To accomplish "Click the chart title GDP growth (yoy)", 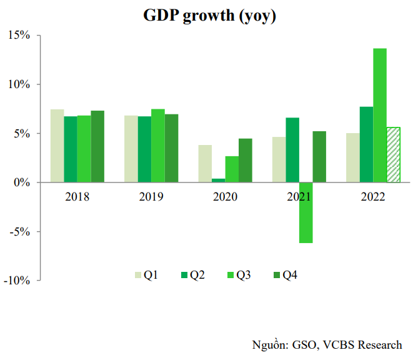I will coord(209,16).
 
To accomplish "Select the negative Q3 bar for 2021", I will coord(306,212).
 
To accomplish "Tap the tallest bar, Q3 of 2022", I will coord(380,116).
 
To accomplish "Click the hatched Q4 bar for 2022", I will coord(394,155).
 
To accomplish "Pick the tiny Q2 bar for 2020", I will coord(218,181).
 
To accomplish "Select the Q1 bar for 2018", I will coord(57,146).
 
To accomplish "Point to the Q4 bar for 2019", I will coord(172,148).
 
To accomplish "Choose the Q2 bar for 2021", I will coord(292,150).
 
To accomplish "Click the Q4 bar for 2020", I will coord(246,161).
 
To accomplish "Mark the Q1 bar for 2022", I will coord(353,157).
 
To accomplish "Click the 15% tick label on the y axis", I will coord(19,35).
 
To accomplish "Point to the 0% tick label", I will coord(21,182).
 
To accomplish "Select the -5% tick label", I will coord(19,232).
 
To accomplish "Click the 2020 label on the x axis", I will coord(225,196).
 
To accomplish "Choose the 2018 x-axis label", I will coord(77,196).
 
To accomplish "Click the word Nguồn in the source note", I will coord(269,344).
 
